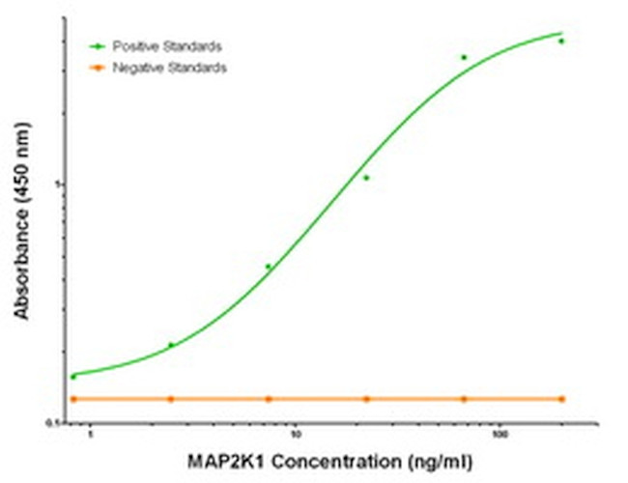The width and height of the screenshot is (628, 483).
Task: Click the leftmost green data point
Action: pyautogui.click(x=73, y=377)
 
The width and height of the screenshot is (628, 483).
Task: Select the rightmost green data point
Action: pyautogui.click(x=561, y=41)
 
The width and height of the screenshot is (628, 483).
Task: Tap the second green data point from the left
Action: pyautogui.click(x=171, y=345)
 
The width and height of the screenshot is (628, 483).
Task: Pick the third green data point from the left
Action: pyautogui.click(x=269, y=267)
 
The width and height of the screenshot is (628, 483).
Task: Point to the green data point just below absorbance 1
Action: pyautogui.click(x=366, y=178)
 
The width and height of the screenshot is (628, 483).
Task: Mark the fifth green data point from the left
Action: pyautogui.click(x=464, y=58)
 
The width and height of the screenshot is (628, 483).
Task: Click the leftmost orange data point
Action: pyautogui.click(x=73, y=399)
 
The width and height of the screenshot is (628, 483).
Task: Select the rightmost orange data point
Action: pyautogui.click(x=561, y=399)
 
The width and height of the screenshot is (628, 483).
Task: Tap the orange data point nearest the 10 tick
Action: pyautogui.click(x=269, y=399)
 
